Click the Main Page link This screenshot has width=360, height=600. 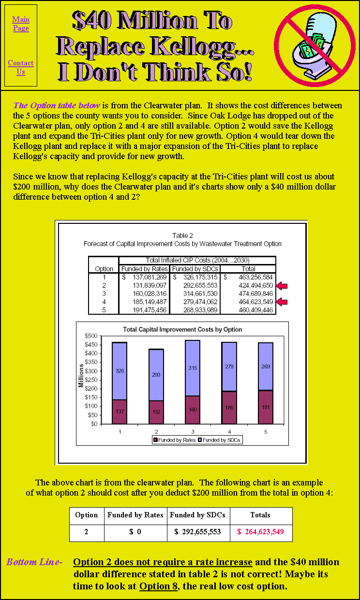(x=21, y=24)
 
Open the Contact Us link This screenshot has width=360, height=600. (x=21, y=67)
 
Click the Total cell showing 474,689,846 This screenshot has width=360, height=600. (x=255, y=293)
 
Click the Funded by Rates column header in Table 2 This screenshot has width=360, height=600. (x=144, y=269)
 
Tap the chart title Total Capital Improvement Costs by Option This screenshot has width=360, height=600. (x=182, y=330)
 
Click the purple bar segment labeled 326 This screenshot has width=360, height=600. (x=120, y=371)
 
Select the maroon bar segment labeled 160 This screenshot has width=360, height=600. (x=192, y=410)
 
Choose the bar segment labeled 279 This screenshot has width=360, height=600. (x=229, y=366)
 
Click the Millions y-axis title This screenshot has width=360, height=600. (x=81, y=380)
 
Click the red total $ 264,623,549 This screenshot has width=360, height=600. (x=260, y=532)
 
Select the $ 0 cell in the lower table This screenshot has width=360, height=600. (x=135, y=532)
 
